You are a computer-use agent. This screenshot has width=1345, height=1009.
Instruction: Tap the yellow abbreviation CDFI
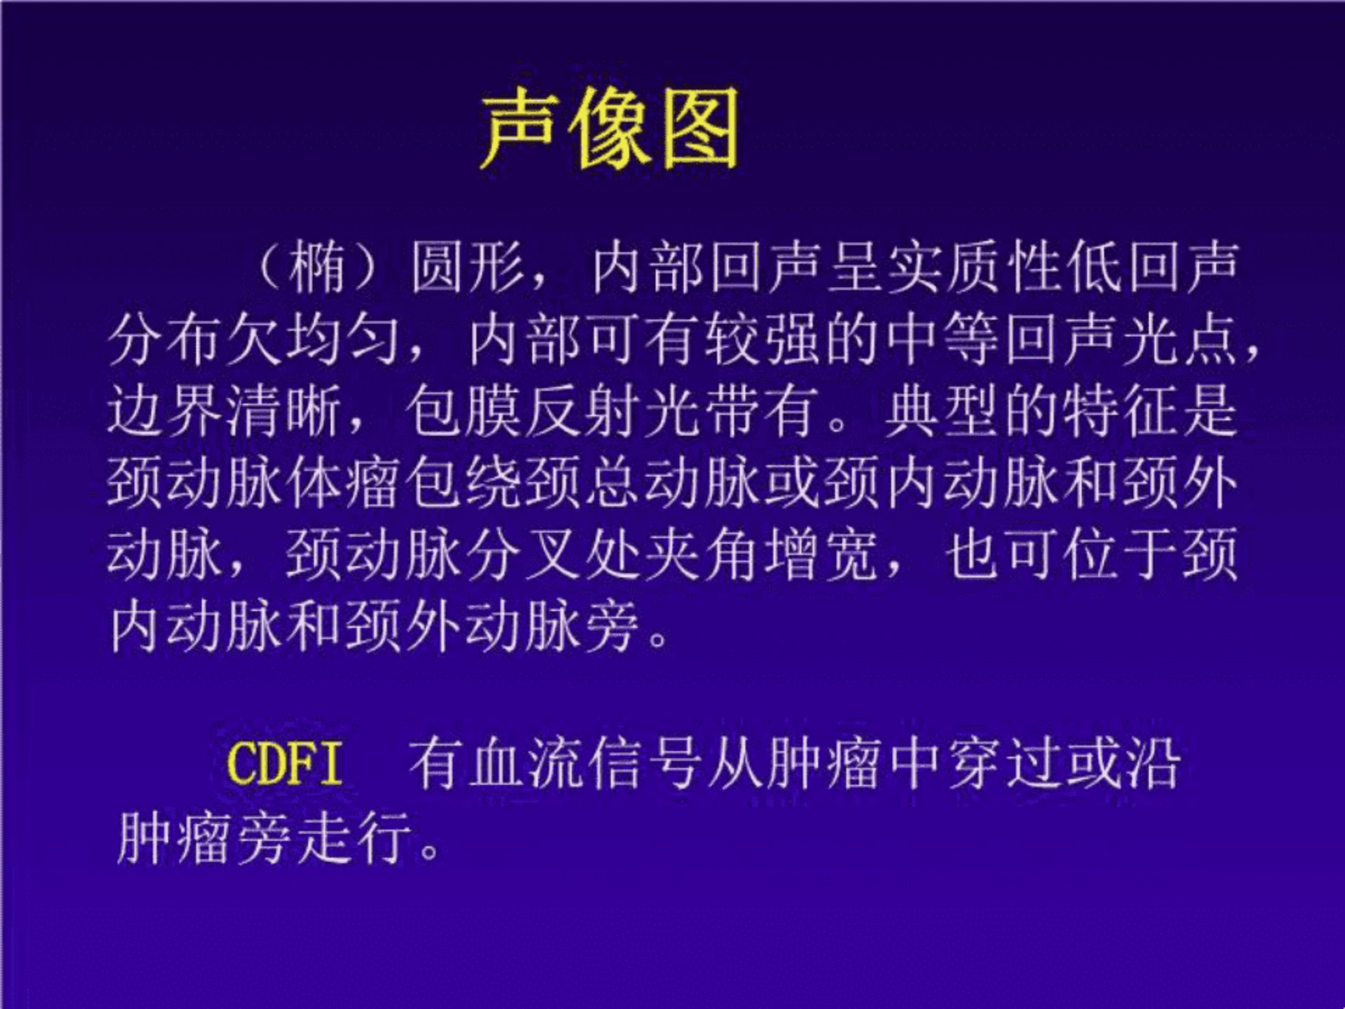(x=285, y=763)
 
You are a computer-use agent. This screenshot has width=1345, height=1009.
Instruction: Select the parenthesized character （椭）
(x=317, y=267)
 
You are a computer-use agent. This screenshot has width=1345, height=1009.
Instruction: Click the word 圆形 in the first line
(x=468, y=267)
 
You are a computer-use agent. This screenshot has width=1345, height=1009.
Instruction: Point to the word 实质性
(x=979, y=267)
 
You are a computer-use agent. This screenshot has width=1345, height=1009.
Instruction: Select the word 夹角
(x=704, y=556)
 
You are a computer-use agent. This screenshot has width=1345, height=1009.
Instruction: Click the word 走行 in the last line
(x=354, y=838)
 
